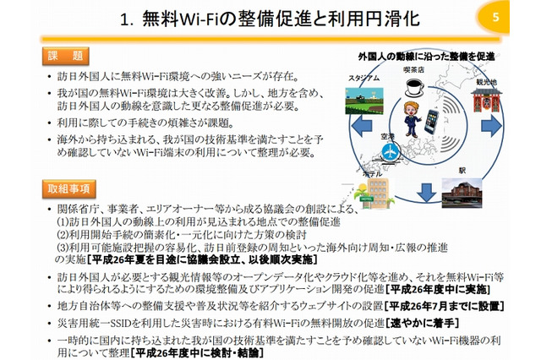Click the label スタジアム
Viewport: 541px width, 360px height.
(x=349, y=79)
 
